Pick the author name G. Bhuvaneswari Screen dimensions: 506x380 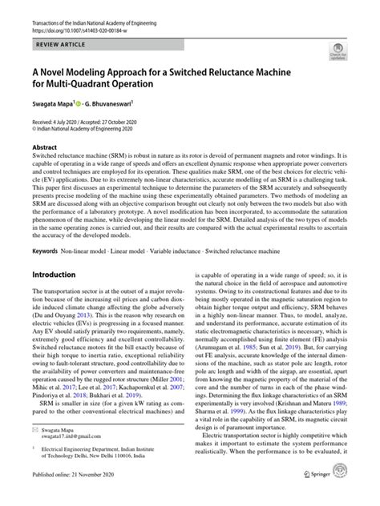click(x=117, y=104)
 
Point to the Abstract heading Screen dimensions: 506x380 click(x=44, y=147)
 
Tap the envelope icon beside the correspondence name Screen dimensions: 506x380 click(x=36, y=430)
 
